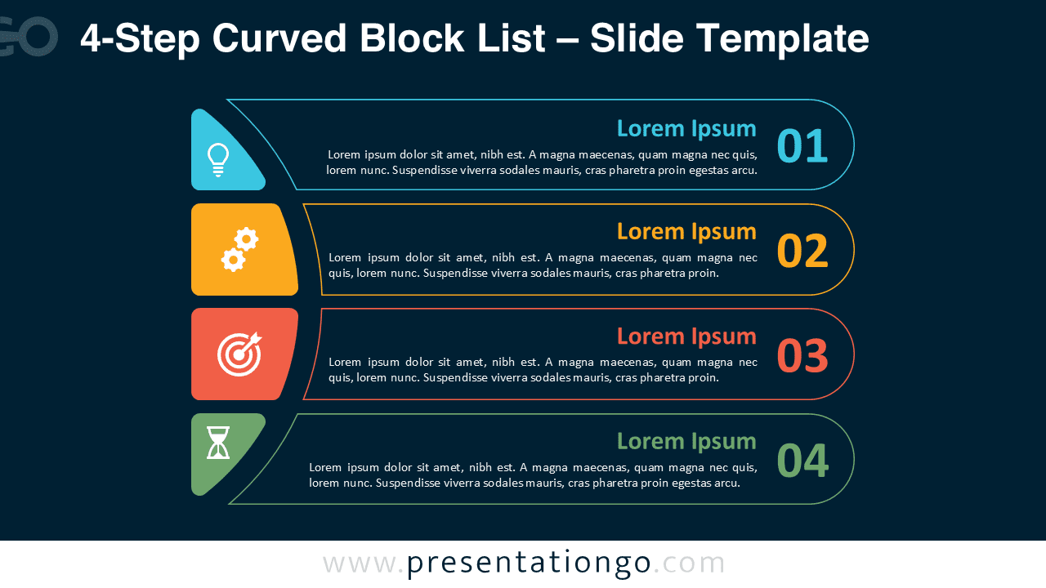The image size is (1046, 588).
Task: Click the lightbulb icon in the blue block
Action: [217, 159]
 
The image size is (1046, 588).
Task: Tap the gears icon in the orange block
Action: [239, 250]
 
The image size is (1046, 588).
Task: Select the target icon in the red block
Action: [239, 354]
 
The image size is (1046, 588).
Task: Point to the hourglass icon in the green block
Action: [218, 443]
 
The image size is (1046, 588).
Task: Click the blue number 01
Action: [802, 146]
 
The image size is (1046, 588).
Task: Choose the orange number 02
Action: [802, 251]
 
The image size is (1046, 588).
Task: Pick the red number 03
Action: [802, 355]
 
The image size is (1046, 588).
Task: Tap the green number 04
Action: [802, 460]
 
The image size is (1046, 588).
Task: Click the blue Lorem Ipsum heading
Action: [686, 128]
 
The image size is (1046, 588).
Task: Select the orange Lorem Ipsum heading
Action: [686, 231]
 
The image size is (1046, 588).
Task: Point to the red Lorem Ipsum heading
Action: [686, 336]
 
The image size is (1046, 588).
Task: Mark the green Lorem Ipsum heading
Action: [686, 441]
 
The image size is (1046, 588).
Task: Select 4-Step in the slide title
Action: [140, 38]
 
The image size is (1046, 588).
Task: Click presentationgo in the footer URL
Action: [529, 563]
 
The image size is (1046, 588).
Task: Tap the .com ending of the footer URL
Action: [689, 563]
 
